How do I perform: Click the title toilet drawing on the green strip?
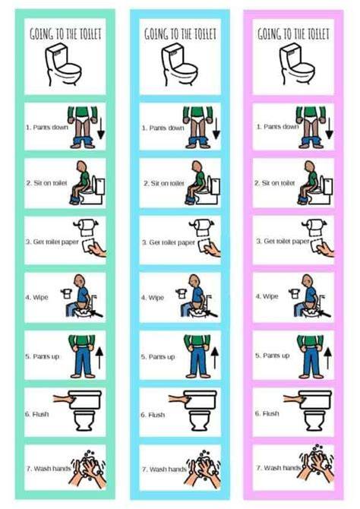63,65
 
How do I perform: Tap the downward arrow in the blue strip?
216,128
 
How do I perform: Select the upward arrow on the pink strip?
328,357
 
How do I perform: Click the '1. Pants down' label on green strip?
47,128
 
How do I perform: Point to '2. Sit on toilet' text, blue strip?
164,183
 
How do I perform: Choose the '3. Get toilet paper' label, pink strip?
283,241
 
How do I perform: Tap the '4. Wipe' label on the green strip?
36,297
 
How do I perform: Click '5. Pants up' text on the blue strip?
158,357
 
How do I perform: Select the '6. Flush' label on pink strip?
267,413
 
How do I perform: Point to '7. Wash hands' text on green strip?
49,468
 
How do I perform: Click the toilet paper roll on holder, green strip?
86,227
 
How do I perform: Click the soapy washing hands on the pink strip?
316,463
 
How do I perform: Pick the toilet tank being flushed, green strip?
85,400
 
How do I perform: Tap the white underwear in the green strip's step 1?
83,119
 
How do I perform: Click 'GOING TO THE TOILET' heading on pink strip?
293,33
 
